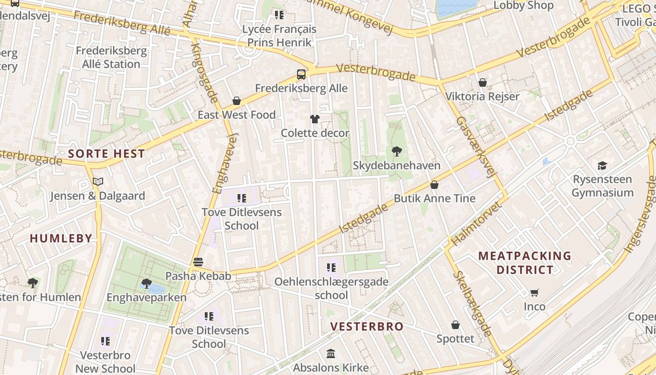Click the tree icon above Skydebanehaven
pos(396,151)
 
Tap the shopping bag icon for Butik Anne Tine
pos(434,185)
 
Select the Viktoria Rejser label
pos(482,97)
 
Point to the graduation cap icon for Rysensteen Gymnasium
pos(602,165)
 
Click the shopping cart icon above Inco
pos(534,293)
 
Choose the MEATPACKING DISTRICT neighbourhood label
pos(525,263)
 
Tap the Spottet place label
pos(455,338)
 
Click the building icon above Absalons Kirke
pos(331,353)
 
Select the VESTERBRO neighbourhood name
pos(367,327)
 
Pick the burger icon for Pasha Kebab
pos(198,262)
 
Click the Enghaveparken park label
pos(146,298)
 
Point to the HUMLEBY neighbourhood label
pos(61,238)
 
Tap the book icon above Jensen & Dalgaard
pos(97,181)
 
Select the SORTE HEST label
pos(106,153)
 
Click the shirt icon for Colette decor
pos(315,119)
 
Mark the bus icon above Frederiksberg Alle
pos(301,74)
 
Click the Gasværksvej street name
pos(476,147)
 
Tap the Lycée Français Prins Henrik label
pos(279,36)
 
